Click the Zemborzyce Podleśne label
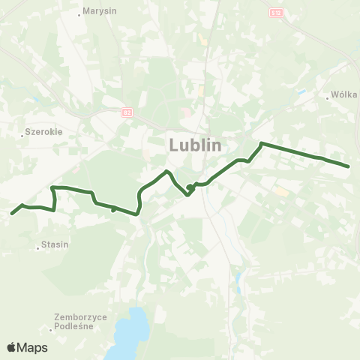coord(81,321)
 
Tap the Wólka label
coord(344,95)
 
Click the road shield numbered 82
coord(127,112)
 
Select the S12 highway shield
coord(277,13)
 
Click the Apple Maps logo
coord(27,347)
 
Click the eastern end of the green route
coord(349,166)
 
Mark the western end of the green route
coord(12,214)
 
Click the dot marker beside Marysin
coord(80,13)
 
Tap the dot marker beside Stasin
coord(38,248)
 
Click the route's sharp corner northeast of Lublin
coord(261,143)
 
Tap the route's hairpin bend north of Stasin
coord(52,187)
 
